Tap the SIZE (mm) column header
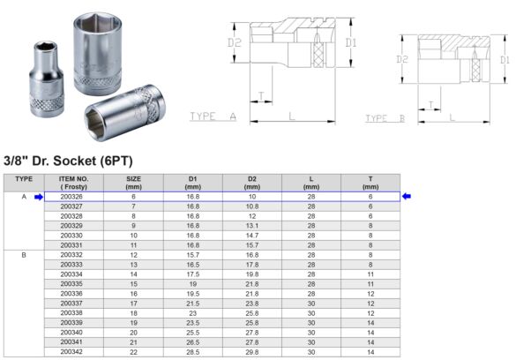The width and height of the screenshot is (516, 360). (x=133, y=183)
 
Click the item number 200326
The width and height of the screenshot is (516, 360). (x=72, y=197)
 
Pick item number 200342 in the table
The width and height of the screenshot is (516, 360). (x=72, y=351)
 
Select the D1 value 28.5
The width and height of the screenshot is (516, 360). (x=192, y=351)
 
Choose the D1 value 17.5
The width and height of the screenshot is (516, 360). (x=192, y=274)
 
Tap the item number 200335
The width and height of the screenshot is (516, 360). (x=72, y=283)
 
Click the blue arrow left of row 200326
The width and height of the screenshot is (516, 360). (x=38, y=197)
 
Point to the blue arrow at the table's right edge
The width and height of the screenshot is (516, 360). (x=407, y=197)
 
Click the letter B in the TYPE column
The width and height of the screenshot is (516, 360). (x=25, y=254)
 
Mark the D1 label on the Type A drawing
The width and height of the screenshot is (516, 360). (x=351, y=41)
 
